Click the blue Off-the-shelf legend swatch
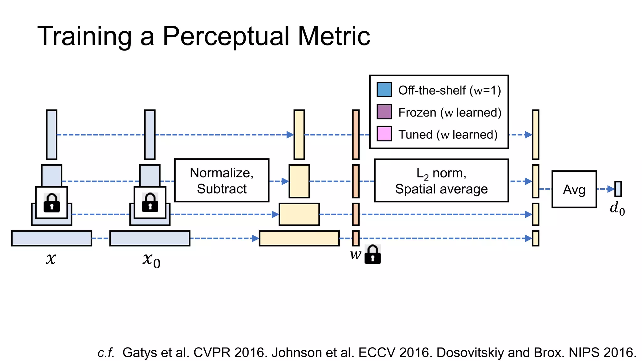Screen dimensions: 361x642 (x=384, y=90)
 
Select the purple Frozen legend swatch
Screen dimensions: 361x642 (x=384, y=112)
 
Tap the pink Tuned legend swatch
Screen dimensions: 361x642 (x=384, y=134)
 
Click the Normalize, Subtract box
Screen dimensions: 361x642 (x=222, y=180)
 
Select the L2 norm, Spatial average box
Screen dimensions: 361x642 (x=441, y=180)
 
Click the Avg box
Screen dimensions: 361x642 (x=574, y=189)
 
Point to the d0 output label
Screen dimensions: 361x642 (x=617, y=209)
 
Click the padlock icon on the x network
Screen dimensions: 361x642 (x=52, y=203)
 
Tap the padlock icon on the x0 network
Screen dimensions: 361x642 (x=150, y=203)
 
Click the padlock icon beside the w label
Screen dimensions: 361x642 (x=373, y=254)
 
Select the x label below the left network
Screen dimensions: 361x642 (x=51, y=259)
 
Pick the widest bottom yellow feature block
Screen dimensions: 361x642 (x=299, y=238)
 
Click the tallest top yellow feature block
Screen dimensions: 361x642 (x=299, y=135)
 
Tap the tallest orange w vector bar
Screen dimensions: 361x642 (x=355, y=135)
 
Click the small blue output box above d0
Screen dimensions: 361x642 (x=618, y=189)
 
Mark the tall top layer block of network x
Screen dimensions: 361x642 (x=52, y=135)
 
